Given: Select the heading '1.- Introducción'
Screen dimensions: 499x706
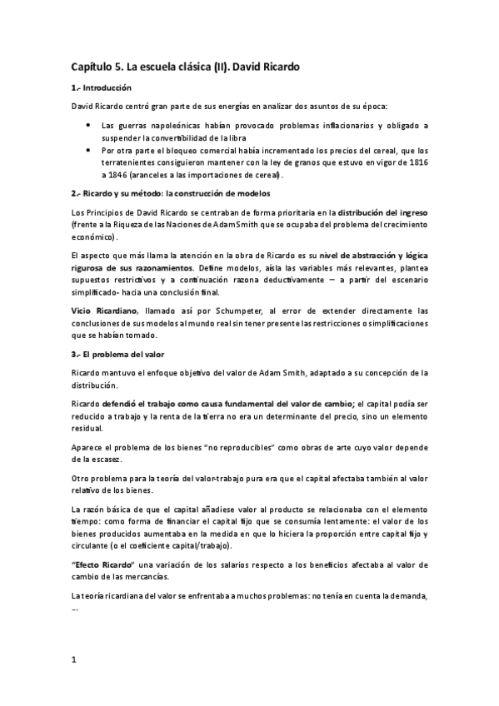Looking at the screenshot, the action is [x=102, y=87].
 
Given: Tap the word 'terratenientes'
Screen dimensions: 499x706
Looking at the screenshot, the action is [x=131, y=162].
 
